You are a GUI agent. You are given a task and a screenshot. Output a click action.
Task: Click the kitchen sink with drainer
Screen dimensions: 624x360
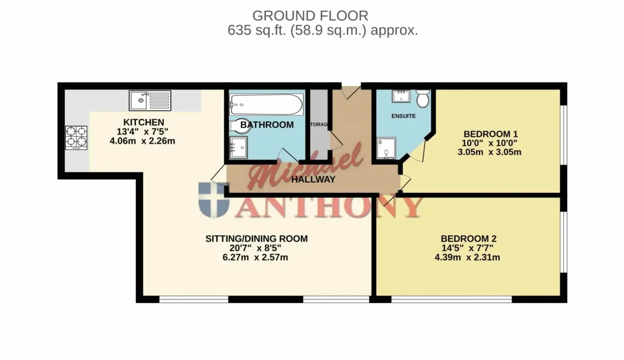pos(150,100)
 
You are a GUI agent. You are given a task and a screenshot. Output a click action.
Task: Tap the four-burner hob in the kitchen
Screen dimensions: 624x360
pos(76,138)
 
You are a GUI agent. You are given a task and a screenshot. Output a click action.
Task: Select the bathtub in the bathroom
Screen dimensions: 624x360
pos(266,104)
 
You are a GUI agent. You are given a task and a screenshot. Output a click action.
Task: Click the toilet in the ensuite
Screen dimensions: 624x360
pos(423,98)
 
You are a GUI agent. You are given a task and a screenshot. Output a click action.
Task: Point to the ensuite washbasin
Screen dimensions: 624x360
pos(401,96)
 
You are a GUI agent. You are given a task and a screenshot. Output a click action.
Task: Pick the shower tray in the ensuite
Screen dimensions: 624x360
pos(386,148)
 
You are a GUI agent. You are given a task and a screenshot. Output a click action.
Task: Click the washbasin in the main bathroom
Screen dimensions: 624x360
pos(238,148)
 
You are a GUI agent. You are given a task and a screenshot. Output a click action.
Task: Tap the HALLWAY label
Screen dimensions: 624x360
pos(313,179)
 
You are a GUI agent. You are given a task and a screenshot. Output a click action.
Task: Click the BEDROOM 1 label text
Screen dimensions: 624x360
pos(490,134)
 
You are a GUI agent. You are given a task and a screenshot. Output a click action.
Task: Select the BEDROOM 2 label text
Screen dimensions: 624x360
pos(468,239)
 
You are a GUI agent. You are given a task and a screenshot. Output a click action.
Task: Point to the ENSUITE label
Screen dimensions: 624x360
pos(403,116)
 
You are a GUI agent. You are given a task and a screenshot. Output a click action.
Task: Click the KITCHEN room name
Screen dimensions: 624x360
pos(144,122)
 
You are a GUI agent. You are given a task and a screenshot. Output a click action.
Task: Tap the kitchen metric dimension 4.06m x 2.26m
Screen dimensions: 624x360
pos(142,141)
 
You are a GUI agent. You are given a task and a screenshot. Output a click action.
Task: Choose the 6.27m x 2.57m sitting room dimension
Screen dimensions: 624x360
pos(255,257)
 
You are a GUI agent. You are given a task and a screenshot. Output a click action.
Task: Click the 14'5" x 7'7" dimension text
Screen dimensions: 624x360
pos(468,248)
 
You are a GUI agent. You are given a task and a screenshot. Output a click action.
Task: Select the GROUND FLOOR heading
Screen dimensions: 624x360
pos(311,16)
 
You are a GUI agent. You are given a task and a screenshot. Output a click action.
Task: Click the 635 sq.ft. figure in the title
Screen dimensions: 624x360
pos(257,30)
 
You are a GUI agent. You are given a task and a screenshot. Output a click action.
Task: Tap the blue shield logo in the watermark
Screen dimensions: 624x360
pos(214,200)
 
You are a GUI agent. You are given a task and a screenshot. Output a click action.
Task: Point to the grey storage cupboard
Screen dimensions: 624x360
pos(319,124)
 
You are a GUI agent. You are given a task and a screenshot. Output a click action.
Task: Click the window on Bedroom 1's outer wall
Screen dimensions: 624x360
pos(564,135)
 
